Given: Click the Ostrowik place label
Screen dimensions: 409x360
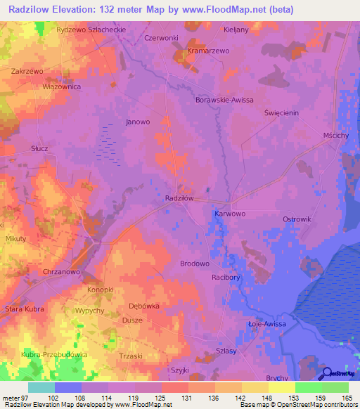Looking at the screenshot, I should [296, 219].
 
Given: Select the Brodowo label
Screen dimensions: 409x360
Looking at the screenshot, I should [195, 264].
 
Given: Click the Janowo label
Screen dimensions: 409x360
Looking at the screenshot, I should [138, 122].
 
